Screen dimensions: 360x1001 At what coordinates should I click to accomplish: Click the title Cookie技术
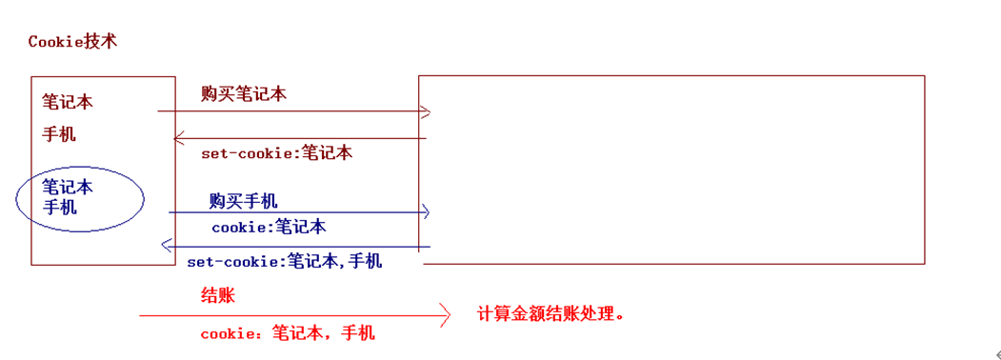[73, 42]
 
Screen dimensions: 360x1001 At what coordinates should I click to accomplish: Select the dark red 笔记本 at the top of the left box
[68, 101]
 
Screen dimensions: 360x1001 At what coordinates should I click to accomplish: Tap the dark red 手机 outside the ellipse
[59, 134]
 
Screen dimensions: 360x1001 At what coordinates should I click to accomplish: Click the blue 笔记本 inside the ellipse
[68, 187]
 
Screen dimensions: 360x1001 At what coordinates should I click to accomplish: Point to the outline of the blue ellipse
[143, 200]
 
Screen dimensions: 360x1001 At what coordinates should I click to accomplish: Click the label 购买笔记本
[244, 94]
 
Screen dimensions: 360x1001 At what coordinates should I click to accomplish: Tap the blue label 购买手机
[244, 201]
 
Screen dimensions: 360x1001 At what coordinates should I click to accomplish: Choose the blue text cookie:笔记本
[269, 227]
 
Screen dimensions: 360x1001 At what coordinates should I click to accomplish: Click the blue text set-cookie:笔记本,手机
[285, 260]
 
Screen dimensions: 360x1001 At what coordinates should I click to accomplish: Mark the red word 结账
[217, 295]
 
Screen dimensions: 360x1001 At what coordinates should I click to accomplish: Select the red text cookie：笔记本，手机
[288, 332]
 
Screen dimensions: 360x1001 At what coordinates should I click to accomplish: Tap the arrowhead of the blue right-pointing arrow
[426, 211]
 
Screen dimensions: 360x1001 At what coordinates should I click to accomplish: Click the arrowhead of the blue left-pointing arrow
[165, 246]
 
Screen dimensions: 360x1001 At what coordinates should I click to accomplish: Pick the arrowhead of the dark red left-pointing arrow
[177, 139]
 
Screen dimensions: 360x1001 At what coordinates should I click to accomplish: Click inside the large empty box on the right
[671, 168]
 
